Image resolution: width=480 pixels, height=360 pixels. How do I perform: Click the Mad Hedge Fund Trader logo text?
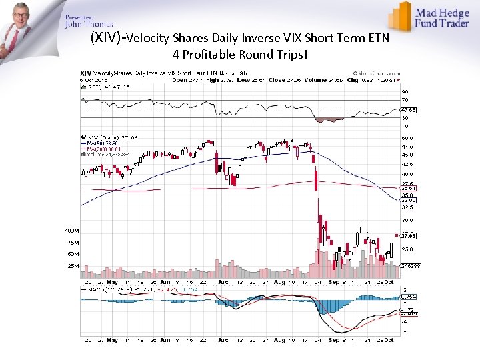(x=443, y=17)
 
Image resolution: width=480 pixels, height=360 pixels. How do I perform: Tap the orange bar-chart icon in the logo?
(x=400, y=16)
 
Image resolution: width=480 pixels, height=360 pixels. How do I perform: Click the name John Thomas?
(x=89, y=24)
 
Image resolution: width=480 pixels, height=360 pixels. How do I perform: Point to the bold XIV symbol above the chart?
(x=86, y=73)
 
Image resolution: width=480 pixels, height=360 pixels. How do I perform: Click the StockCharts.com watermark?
(x=377, y=73)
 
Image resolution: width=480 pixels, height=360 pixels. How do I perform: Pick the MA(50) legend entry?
(x=99, y=142)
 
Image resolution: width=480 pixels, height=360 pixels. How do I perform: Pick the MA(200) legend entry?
(x=100, y=148)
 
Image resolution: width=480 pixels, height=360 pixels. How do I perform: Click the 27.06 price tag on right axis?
(x=408, y=235)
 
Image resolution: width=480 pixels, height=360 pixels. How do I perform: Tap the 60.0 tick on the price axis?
(x=407, y=138)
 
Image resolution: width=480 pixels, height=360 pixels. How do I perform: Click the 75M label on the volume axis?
(x=72, y=243)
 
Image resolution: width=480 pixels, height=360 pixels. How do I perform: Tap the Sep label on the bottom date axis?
(x=334, y=340)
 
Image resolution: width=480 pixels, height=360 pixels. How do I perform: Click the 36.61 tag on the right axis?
(x=408, y=189)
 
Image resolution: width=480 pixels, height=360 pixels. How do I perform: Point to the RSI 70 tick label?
(x=405, y=99)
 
